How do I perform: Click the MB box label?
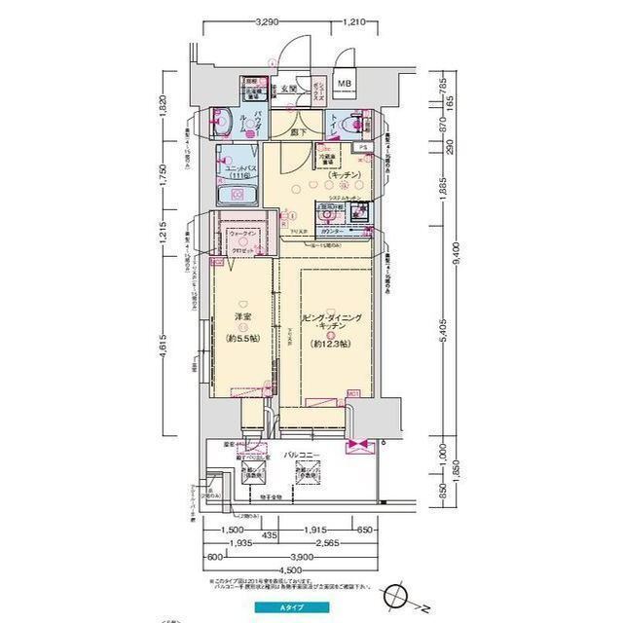coord(345,85)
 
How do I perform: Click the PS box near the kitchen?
coord(361,148)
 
